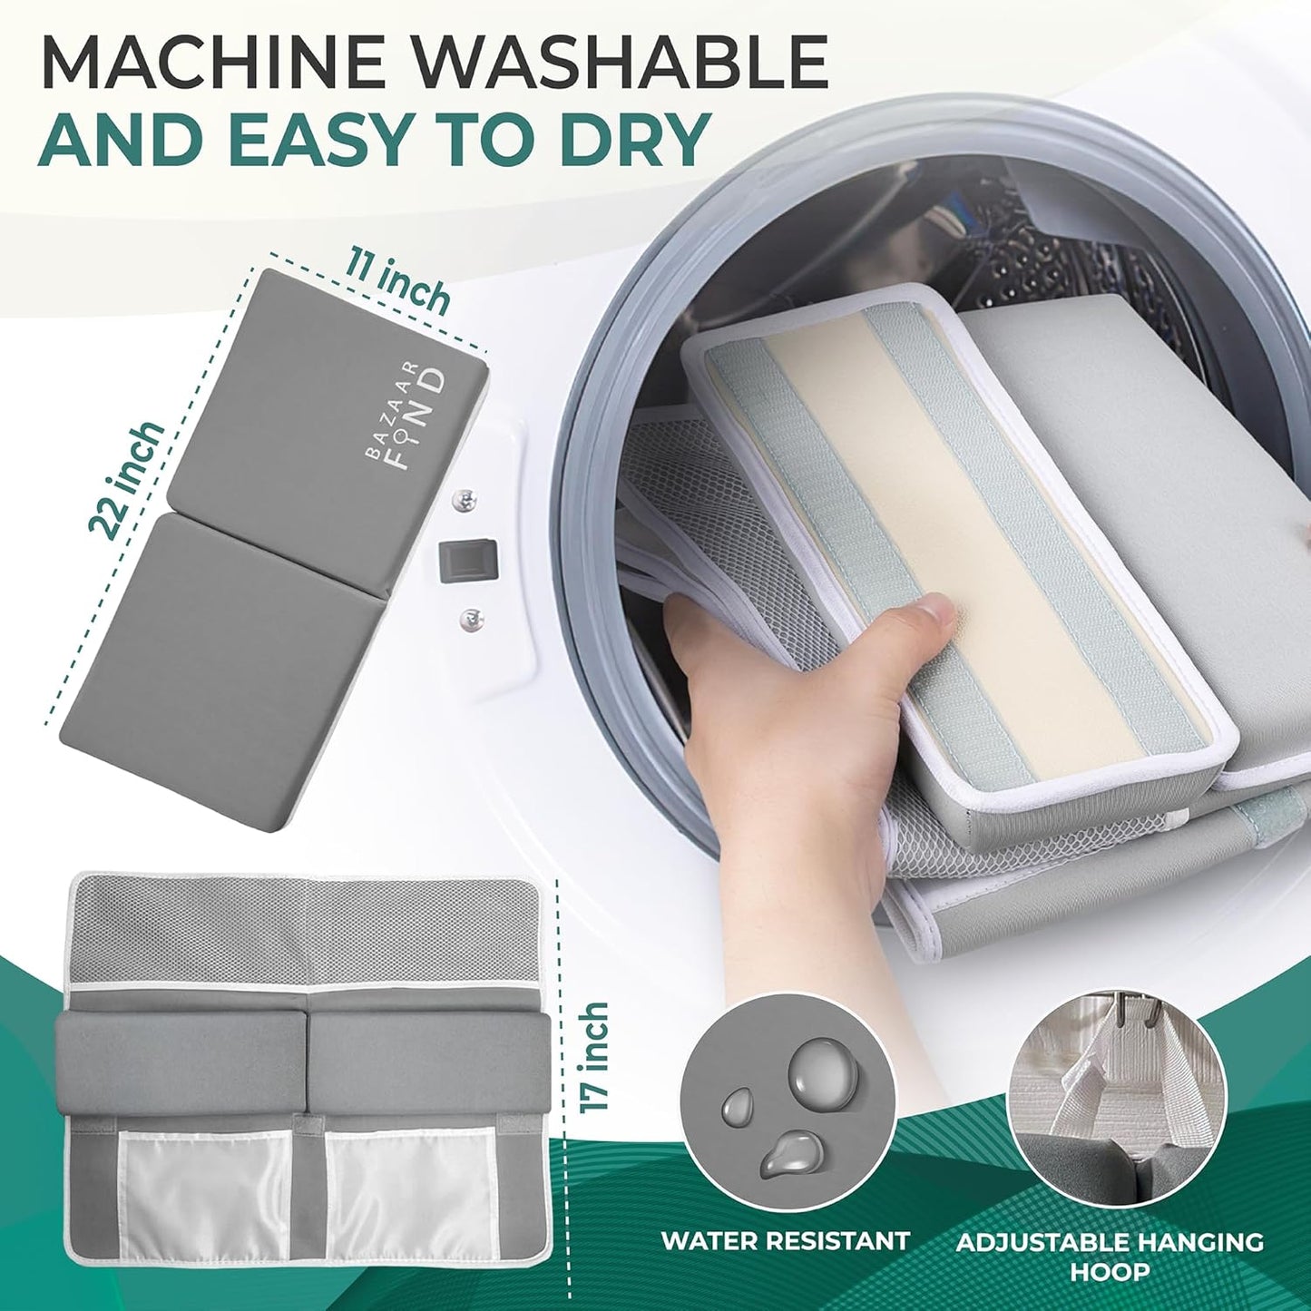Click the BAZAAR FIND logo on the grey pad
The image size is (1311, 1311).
point(406,418)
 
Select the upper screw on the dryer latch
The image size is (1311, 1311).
point(464,501)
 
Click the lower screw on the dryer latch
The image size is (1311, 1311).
point(469,618)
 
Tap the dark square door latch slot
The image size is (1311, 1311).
point(469,560)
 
